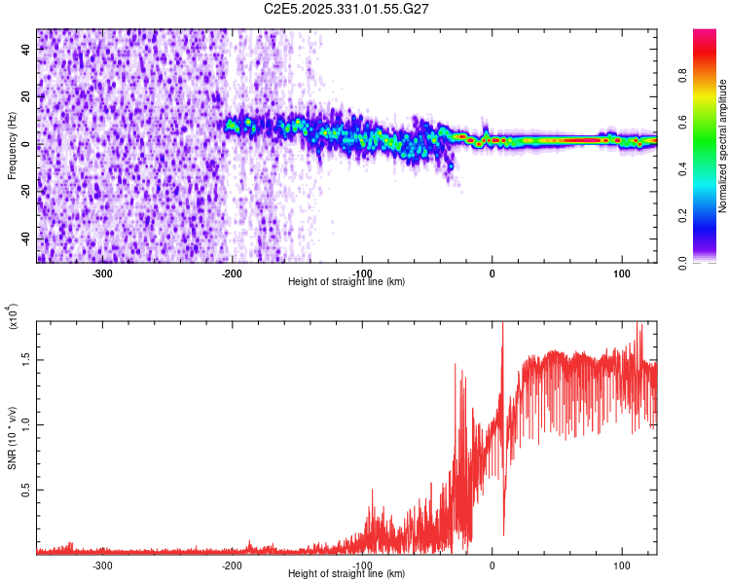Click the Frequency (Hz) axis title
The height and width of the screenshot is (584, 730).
pyautogui.click(x=12, y=146)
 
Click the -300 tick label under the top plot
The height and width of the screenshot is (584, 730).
pyautogui.click(x=102, y=273)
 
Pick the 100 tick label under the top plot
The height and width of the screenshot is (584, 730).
pyautogui.click(x=621, y=273)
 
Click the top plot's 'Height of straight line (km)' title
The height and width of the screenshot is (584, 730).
pyautogui.click(x=347, y=282)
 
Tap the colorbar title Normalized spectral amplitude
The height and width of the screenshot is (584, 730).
pyautogui.click(x=723, y=146)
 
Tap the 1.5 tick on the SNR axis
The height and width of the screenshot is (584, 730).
pyautogui.click(x=26, y=359)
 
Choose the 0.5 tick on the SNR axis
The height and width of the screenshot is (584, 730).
pyautogui.click(x=26, y=490)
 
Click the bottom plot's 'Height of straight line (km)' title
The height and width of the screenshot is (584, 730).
pyautogui.click(x=347, y=574)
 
